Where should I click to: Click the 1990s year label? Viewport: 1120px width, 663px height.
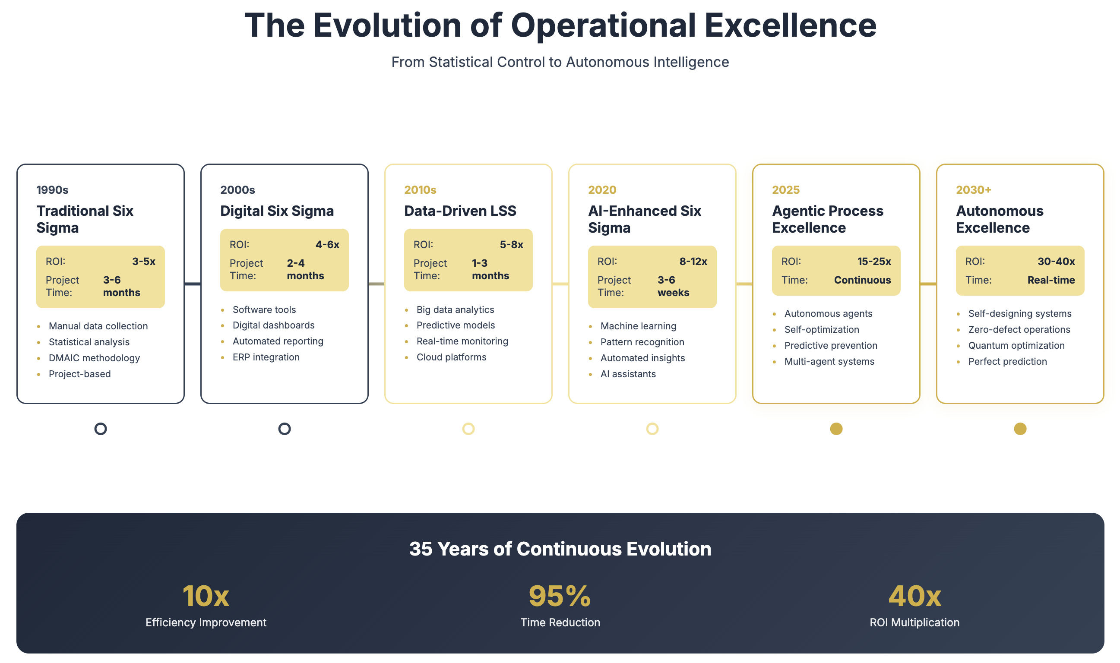tap(52, 190)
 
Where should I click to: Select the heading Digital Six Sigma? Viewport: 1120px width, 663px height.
tap(277, 211)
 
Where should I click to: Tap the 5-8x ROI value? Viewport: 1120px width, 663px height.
tap(512, 244)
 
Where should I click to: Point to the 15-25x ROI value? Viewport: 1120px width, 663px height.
tap(874, 261)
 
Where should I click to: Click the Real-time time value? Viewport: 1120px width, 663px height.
tap(1051, 280)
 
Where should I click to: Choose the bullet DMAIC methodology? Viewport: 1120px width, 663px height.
tap(94, 358)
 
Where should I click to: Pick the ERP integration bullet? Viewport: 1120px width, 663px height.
tap(266, 357)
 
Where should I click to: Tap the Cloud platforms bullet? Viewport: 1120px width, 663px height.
tap(451, 357)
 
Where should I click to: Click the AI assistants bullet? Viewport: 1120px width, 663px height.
tap(628, 374)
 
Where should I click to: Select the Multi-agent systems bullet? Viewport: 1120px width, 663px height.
tap(829, 361)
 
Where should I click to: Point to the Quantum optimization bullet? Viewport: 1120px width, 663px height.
tap(1016, 345)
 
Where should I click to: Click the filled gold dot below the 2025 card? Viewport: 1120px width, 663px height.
tap(836, 429)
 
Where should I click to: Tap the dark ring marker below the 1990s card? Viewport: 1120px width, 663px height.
tap(101, 429)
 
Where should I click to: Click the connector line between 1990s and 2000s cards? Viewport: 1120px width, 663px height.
tap(193, 284)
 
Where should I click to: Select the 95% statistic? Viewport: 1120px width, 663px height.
tap(560, 596)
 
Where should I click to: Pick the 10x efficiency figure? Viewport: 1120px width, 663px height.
tap(206, 596)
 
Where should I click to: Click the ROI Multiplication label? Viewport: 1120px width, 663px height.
tap(914, 622)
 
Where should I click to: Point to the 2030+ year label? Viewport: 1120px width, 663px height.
tap(974, 190)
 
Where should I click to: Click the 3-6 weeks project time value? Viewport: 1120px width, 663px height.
tap(673, 286)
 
